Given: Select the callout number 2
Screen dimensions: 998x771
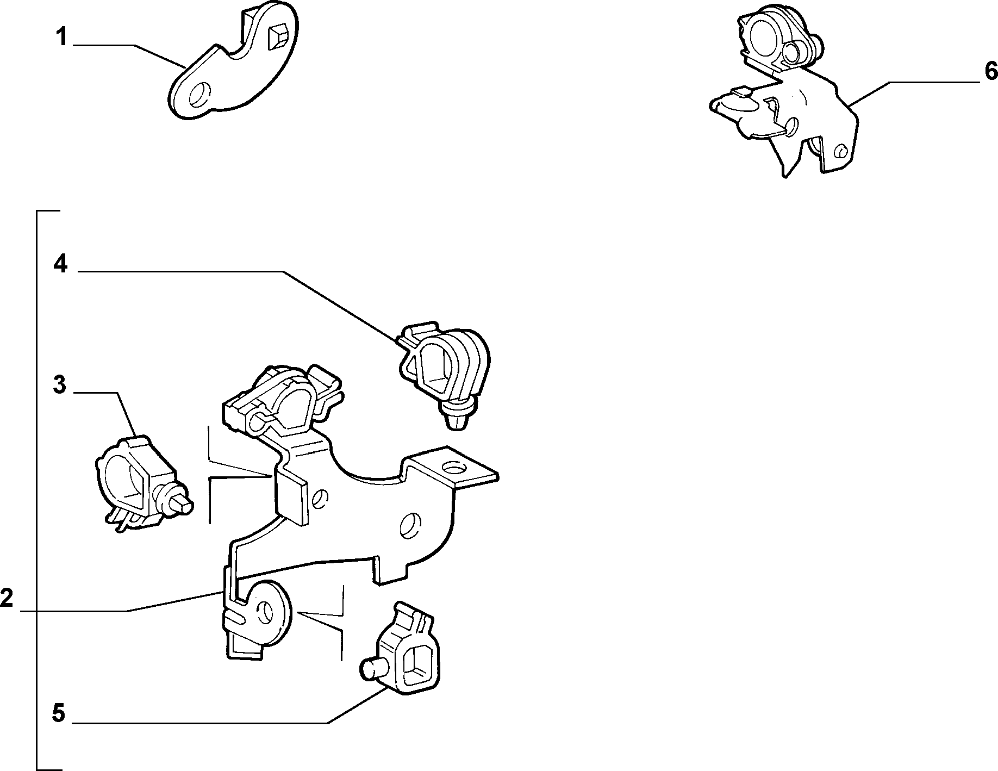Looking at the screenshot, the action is point(6,599).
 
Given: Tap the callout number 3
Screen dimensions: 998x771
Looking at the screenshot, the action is point(60,385).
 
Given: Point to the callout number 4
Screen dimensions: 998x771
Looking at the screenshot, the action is point(60,265).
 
